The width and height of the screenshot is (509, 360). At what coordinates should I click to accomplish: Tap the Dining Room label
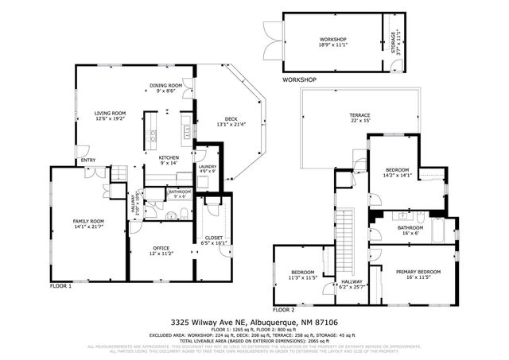(165, 88)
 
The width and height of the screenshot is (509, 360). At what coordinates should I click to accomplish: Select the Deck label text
(231, 119)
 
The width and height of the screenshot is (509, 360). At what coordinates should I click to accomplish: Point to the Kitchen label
(169, 161)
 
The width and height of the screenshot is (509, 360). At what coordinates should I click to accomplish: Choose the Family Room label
(88, 224)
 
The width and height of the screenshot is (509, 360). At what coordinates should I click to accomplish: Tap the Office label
(161, 251)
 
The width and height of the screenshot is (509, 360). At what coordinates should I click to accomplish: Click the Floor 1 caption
(61, 285)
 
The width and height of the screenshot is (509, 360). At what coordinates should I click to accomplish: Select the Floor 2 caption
(284, 308)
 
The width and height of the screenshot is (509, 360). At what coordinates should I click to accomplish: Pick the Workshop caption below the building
(299, 80)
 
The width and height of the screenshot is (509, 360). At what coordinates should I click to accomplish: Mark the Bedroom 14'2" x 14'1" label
(397, 172)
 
